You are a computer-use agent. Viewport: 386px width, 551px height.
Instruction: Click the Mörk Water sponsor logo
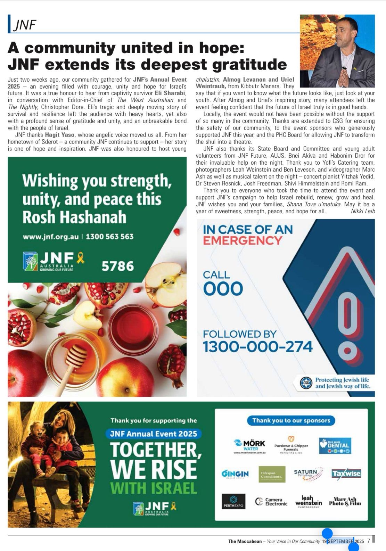[249, 445]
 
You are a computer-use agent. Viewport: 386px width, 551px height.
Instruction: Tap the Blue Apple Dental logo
[335, 446]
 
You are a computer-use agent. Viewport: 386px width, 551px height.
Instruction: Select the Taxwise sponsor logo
[346, 474]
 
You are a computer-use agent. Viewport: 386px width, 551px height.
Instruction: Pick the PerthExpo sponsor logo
[233, 502]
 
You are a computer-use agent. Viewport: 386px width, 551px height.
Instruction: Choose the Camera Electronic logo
[271, 502]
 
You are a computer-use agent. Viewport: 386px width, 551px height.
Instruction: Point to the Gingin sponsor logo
[235, 474]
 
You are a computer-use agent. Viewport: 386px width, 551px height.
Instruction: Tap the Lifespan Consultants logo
[272, 474]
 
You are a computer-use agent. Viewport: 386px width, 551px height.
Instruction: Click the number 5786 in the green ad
[117, 266]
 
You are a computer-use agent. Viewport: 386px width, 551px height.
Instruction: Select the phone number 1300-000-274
[257, 347]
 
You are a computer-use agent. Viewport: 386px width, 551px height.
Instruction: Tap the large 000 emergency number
[223, 289]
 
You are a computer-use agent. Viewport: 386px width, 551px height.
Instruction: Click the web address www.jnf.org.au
[51, 237]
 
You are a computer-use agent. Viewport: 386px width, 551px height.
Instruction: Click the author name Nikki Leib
[363, 211]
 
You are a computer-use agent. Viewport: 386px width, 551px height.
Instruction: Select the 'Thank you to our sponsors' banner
[291, 420]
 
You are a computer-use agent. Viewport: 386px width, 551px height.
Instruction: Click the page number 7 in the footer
[368, 541]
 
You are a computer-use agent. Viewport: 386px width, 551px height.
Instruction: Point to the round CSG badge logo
[306, 383]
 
